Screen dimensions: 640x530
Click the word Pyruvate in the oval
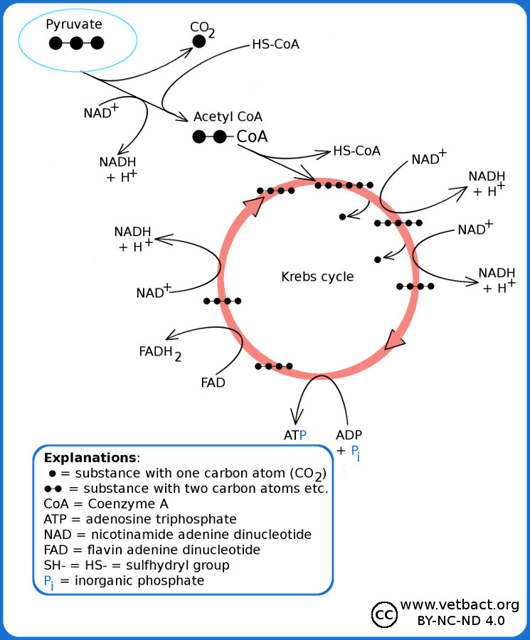pos(74,25)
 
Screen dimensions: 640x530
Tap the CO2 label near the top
pos(202,28)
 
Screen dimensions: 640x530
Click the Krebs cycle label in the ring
pos(317,276)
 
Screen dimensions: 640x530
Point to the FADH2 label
pos(160,351)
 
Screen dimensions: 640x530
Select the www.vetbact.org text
pos(460,604)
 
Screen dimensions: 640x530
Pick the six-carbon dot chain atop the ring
pos(344,185)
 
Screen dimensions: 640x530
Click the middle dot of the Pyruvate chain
pos(77,43)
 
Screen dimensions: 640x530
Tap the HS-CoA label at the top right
pos(275,44)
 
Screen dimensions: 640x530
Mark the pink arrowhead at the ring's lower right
pos(395,340)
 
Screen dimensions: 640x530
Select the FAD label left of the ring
pos(213,383)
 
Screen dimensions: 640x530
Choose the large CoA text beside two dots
pos(252,137)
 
